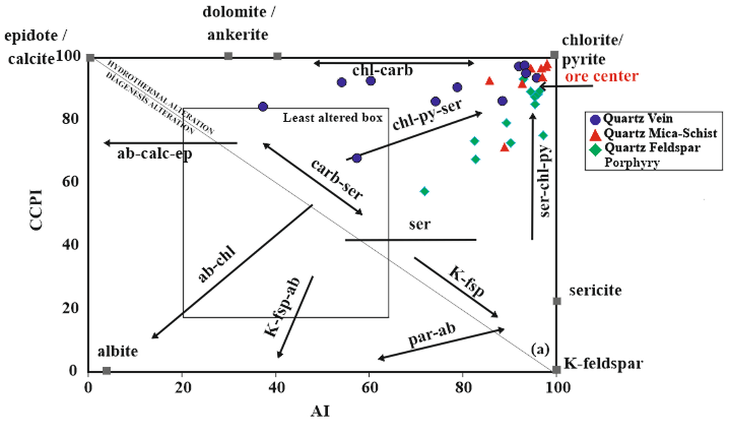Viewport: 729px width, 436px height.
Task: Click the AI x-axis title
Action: pyautogui.click(x=321, y=411)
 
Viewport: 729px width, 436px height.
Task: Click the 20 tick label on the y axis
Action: pyautogui.click(x=71, y=309)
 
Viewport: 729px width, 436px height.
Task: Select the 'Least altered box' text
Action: pyautogui.click(x=333, y=119)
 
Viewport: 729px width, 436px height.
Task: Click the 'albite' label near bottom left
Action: pyautogui.click(x=118, y=351)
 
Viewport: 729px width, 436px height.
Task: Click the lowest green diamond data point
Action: pyautogui.click(x=425, y=191)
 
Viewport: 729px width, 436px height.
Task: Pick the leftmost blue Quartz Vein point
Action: pyautogui.click(x=263, y=107)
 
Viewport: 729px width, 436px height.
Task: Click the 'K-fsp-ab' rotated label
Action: pyautogui.click(x=282, y=308)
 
